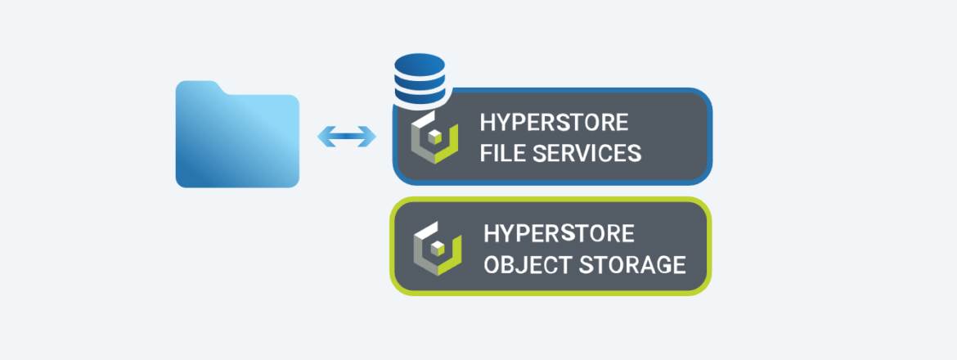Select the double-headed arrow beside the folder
tap(347, 137)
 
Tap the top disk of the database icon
tap(420, 63)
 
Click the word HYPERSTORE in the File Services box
tap(554, 123)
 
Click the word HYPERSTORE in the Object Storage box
tap(559, 233)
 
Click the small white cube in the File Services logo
tap(435, 135)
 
